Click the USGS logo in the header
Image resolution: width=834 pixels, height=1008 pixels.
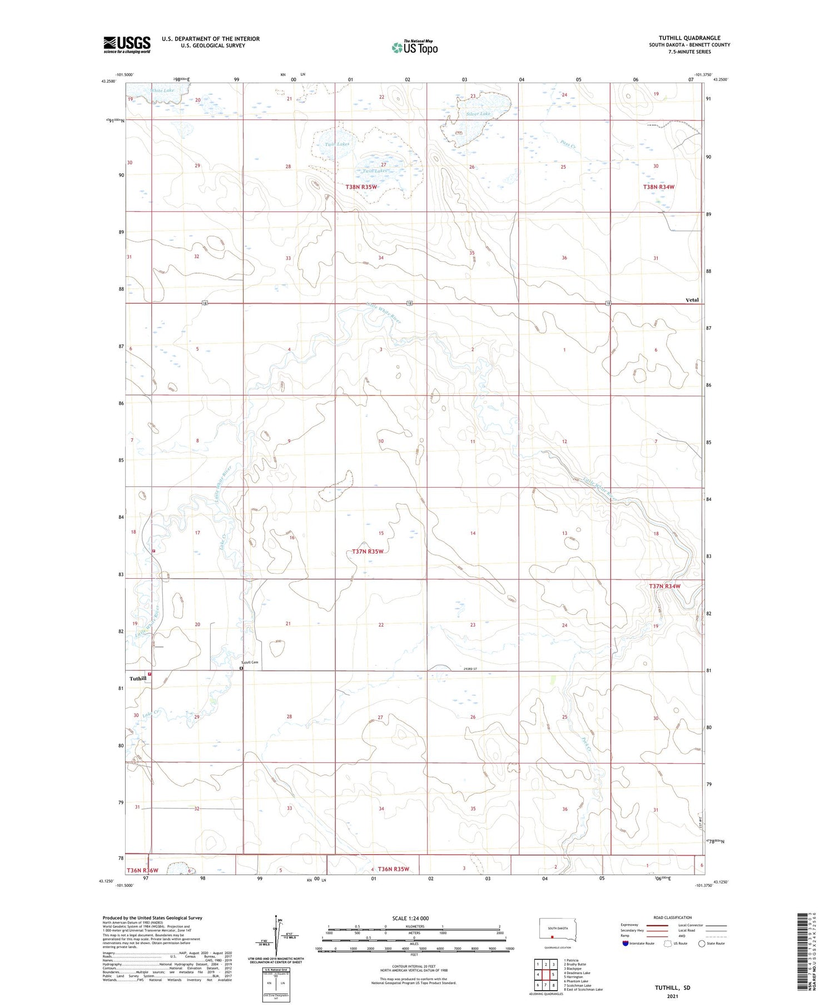[127, 44]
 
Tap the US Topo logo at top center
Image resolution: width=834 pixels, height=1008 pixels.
[414, 48]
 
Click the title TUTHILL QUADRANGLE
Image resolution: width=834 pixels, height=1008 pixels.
[689, 38]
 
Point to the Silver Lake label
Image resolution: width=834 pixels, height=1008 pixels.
[479, 114]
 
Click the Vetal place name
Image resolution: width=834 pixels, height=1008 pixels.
[692, 300]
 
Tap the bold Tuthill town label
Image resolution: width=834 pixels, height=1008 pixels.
[138, 678]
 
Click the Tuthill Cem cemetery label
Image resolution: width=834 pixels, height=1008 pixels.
[250, 662]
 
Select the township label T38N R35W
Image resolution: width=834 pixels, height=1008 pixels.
[361, 187]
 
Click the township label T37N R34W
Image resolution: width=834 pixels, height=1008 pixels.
[664, 586]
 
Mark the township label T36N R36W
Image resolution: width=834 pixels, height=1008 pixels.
[142, 870]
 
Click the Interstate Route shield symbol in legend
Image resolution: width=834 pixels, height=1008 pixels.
[625, 944]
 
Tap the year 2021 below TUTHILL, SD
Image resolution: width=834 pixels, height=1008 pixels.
[672, 996]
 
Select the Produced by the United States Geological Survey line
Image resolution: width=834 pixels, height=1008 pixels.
[152, 918]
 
